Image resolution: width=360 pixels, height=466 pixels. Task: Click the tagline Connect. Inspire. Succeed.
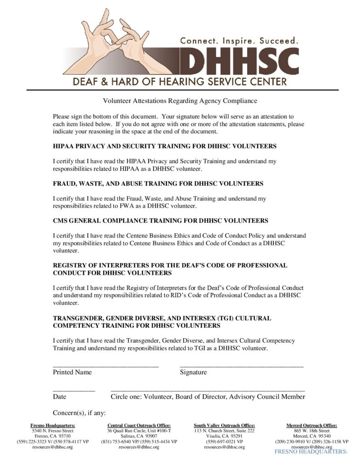pos(239,41)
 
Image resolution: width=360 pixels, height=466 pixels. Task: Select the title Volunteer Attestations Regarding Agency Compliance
pos(180,101)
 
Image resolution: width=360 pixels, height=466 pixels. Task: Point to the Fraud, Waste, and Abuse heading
pos(158,183)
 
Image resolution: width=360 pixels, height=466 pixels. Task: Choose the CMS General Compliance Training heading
pos(160,220)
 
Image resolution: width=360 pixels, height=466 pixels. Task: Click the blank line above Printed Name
pos(106,365)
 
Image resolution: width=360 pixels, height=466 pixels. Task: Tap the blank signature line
pos(241,365)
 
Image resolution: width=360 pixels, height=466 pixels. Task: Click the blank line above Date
pos(74,390)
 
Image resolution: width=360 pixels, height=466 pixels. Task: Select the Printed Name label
pos(72,372)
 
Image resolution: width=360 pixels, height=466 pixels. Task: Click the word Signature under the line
pos(193,372)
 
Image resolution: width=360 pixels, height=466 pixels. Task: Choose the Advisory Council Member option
pos(267,397)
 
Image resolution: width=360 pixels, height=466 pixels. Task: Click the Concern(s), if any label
pos(79,413)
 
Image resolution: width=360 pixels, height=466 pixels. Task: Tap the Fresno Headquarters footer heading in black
pos(52,425)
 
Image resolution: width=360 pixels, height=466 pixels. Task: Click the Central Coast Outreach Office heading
pos(139,425)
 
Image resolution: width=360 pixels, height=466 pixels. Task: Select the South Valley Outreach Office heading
pos(224,425)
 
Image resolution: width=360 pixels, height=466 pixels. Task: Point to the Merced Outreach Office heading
pos(312,425)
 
